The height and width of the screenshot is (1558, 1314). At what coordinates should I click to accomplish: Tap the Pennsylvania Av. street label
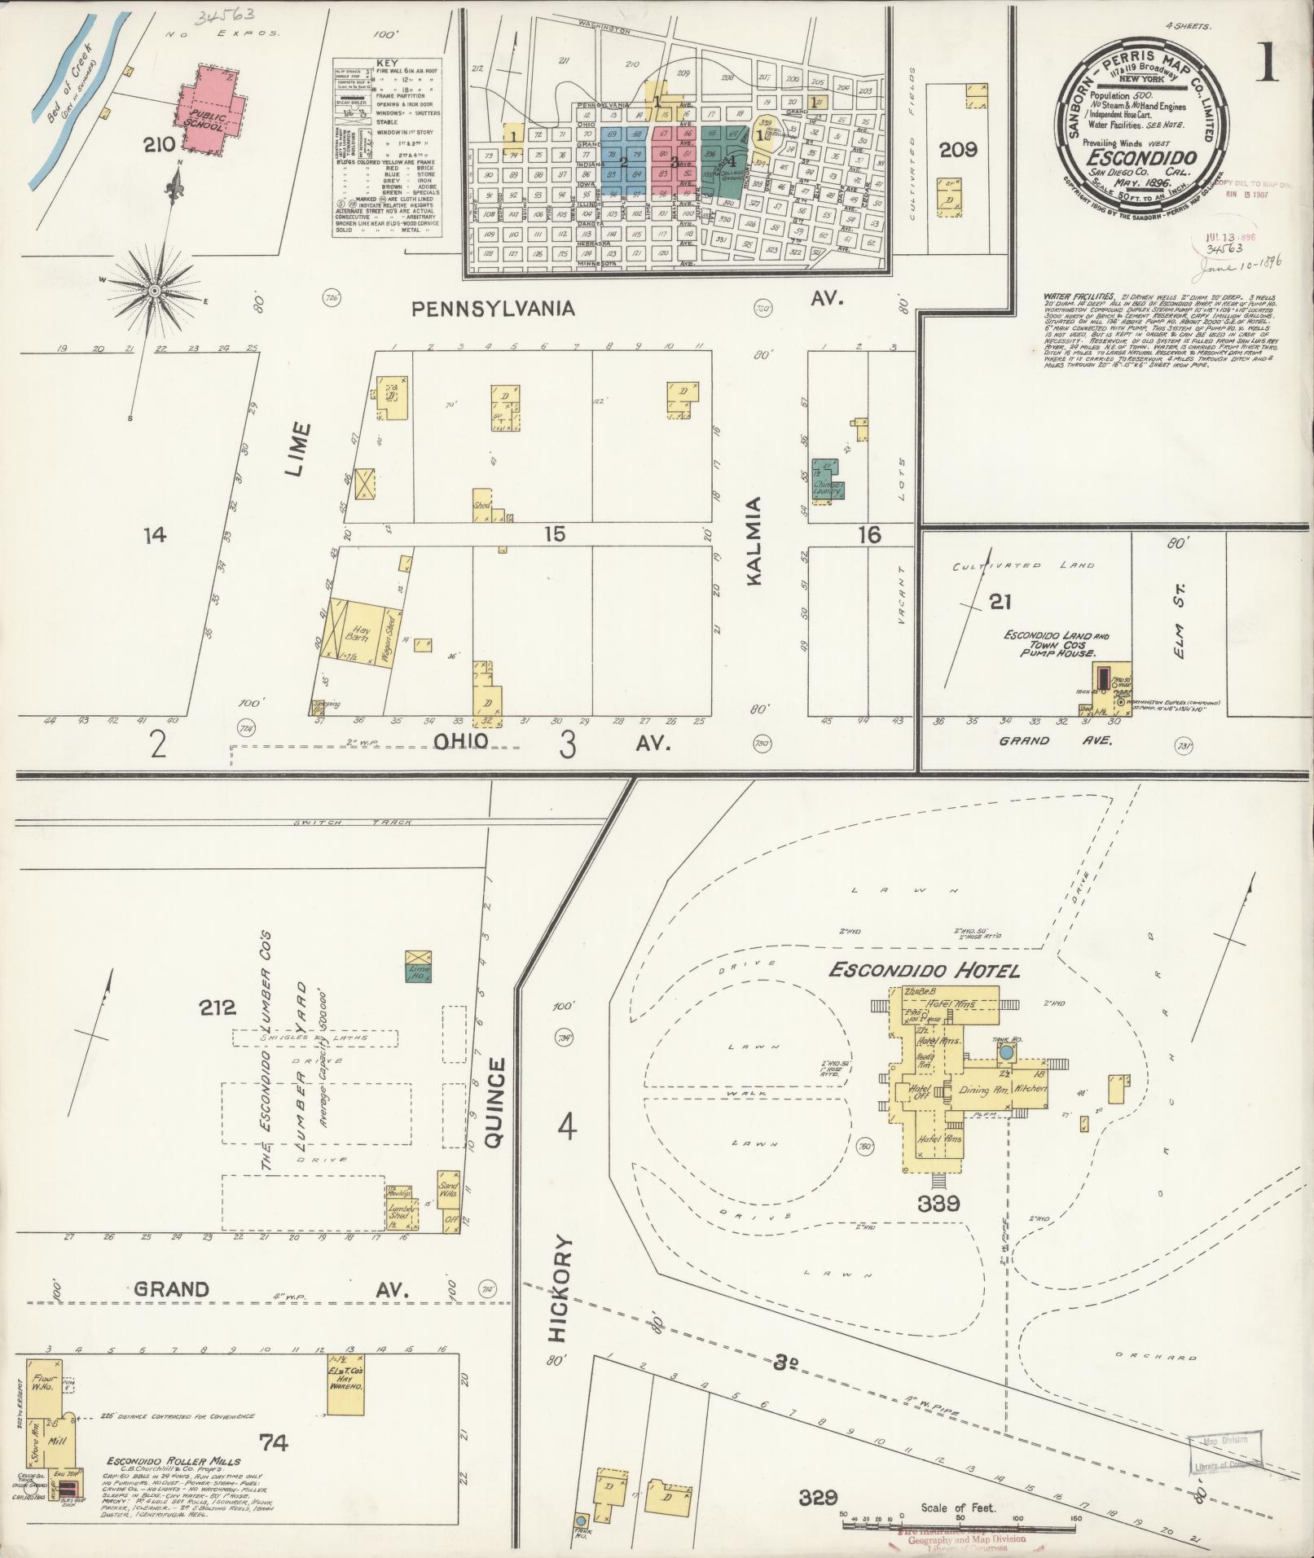(493, 309)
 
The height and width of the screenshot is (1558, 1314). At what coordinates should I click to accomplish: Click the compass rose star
(154, 291)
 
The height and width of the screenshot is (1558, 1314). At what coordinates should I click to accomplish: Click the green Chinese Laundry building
(828, 482)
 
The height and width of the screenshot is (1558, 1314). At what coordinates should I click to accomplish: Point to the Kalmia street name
(754, 541)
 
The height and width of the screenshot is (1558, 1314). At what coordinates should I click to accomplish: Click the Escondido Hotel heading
(924, 970)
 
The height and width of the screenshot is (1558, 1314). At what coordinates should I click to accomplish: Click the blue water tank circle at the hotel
(1006, 1052)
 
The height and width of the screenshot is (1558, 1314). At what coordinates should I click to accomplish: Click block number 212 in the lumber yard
(218, 1008)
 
